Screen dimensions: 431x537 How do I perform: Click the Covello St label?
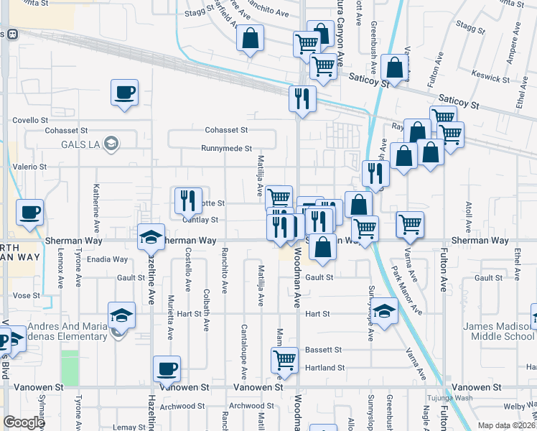coord(30,120)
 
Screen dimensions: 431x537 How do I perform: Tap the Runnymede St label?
coord(226,149)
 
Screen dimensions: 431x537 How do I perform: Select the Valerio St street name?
coord(29,166)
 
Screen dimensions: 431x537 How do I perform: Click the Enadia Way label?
coord(106,259)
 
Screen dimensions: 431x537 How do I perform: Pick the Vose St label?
coord(26,295)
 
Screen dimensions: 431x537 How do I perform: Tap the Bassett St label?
coord(322,350)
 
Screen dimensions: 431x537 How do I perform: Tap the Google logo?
coord(24,422)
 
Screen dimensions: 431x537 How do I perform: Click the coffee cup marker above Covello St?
coord(124,93)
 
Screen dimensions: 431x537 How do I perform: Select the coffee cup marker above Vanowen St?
coord(167,369)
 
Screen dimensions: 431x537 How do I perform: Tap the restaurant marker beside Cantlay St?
coord(187,201)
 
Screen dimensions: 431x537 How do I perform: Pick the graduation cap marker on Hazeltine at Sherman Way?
coord(151,237)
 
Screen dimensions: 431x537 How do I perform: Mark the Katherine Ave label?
coord(95,204)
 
